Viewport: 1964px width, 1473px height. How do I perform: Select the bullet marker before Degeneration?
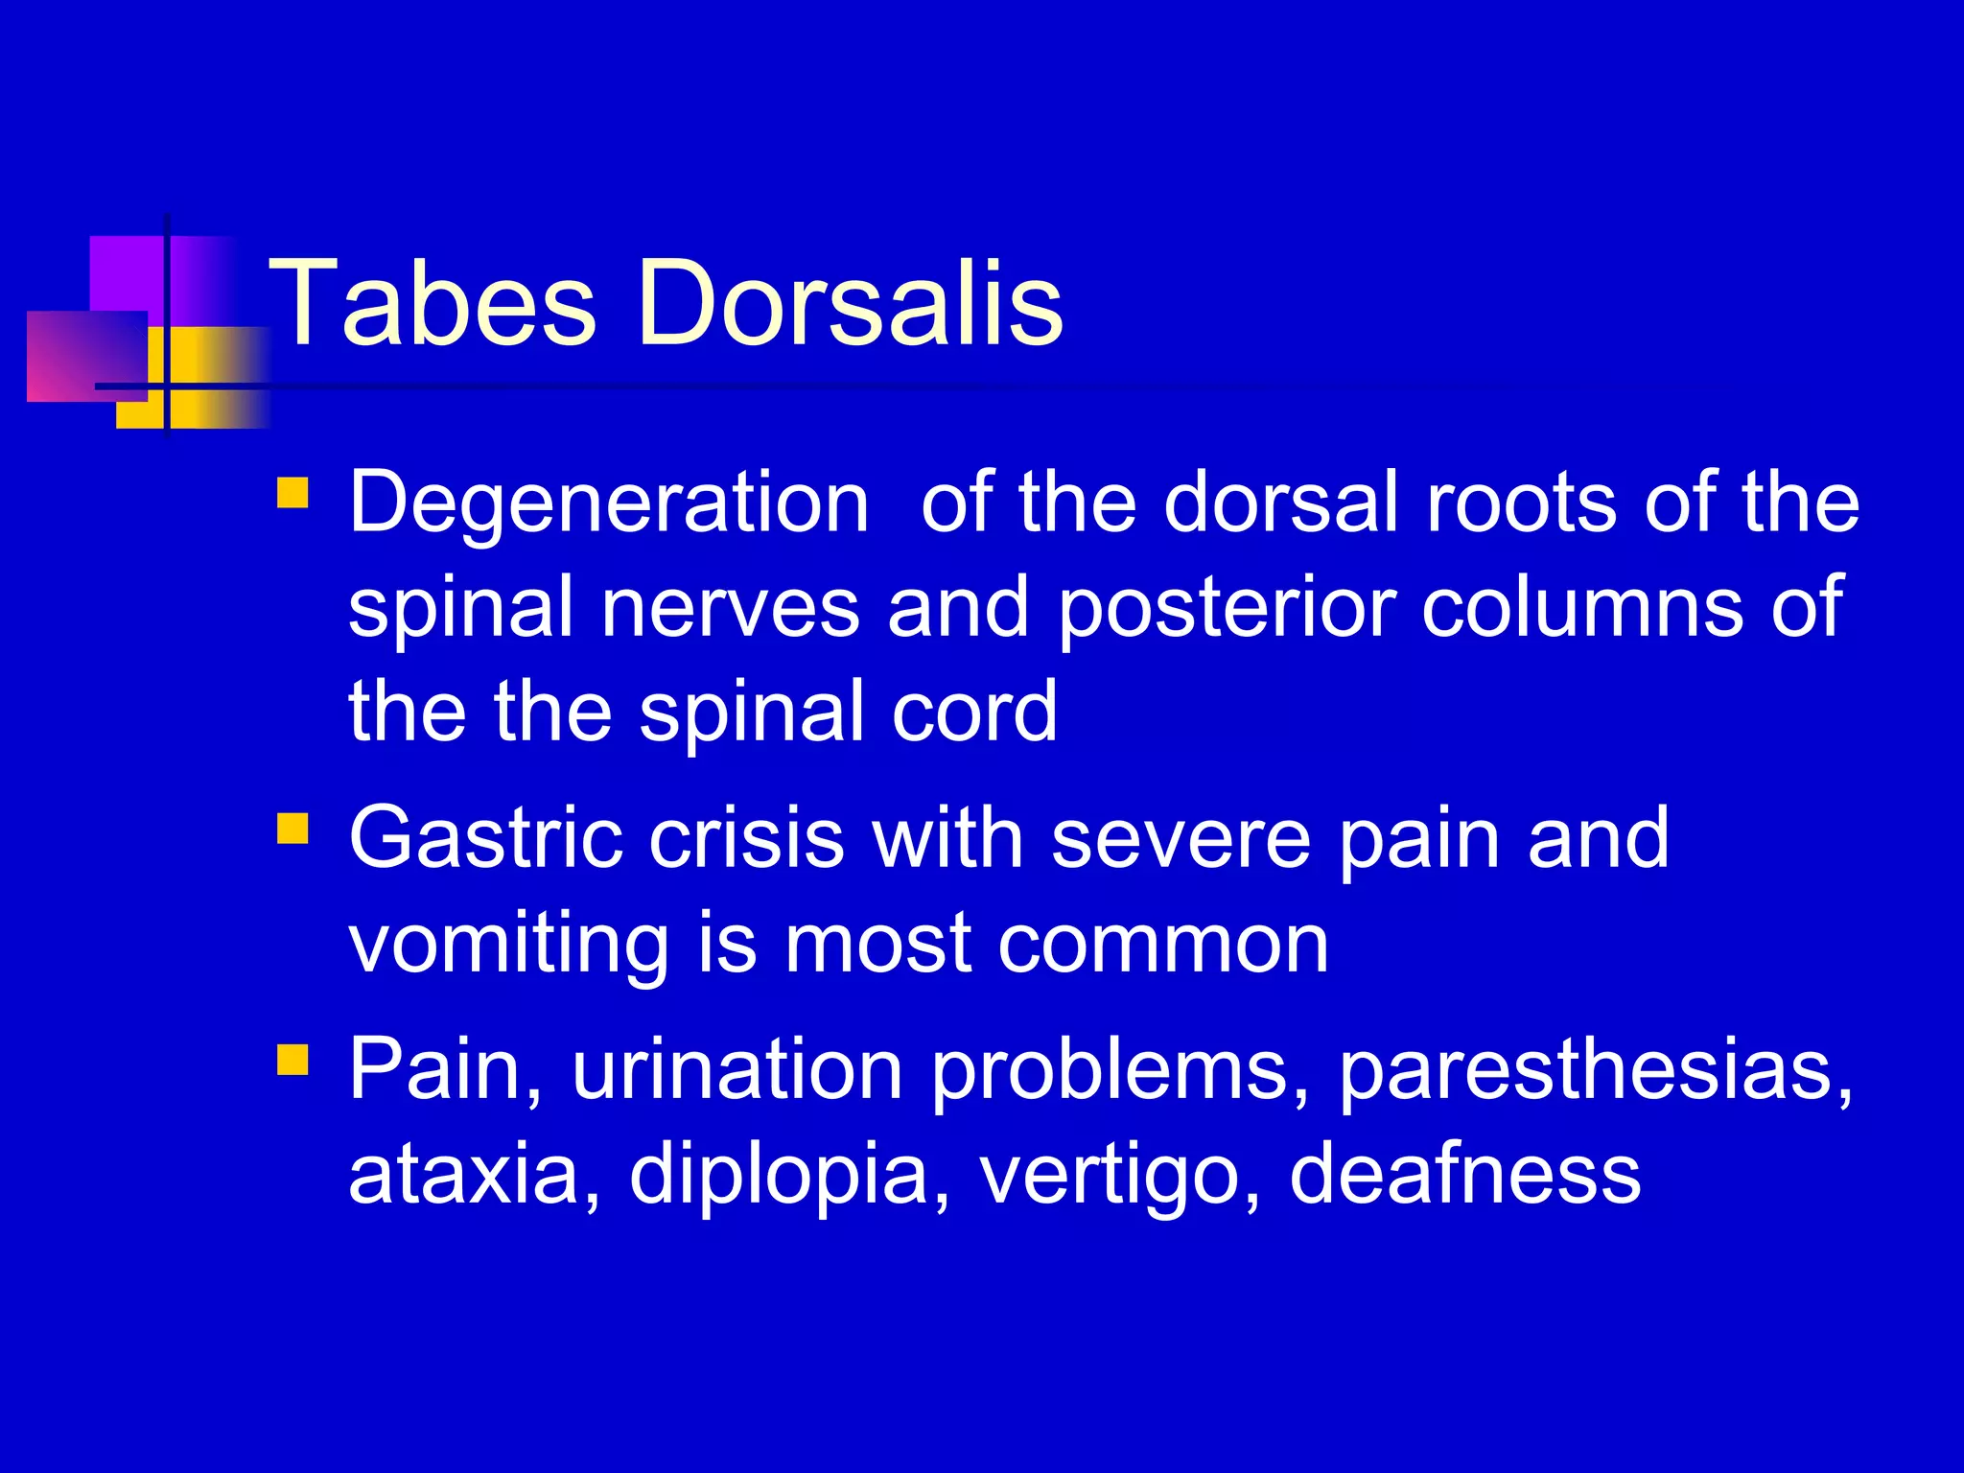tap(292, 493)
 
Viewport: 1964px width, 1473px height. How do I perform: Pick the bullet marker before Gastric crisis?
tap(292, 828)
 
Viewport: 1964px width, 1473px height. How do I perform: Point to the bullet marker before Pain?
tap(292, 1059)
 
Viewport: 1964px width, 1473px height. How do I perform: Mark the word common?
tap(1163, 944)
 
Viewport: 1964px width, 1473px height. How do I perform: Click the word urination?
tap(737, 1068)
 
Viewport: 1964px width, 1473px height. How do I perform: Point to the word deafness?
tap(1465, 1174)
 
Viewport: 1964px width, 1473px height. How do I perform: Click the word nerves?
tap(730, 608)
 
